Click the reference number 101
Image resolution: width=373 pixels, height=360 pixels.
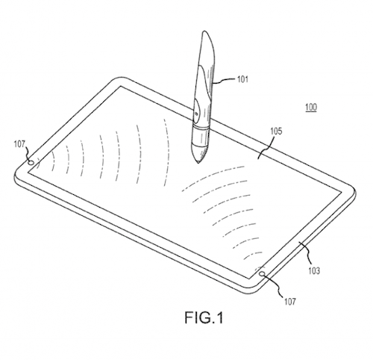243,79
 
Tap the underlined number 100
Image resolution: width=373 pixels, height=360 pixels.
311,108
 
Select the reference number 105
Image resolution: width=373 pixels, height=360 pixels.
276,131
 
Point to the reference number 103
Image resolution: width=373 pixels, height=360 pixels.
314,270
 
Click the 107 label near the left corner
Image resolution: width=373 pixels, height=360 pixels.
19,144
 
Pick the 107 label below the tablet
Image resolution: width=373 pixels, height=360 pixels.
290,302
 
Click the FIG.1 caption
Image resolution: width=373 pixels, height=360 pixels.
204,318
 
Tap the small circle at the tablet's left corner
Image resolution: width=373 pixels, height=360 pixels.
31,163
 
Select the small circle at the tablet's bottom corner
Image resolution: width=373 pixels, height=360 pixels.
263,274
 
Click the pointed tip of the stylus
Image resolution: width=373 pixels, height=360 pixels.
198,164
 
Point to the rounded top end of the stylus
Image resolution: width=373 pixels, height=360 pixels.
204,31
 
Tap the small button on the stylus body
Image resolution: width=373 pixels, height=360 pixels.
196,114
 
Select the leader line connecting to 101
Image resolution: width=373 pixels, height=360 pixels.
225,80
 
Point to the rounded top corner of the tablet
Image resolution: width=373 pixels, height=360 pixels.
120,78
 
